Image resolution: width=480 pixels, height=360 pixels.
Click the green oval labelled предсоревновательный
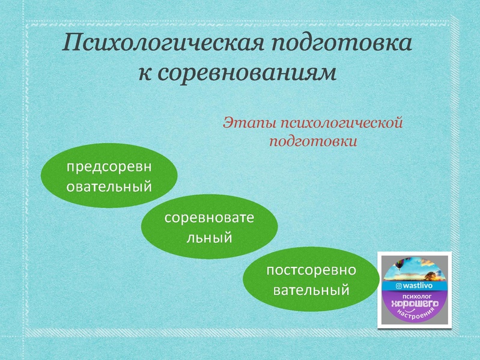coord(109,175)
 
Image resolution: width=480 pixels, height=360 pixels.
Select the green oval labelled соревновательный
coord(209,227)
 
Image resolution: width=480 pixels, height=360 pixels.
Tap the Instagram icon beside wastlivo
coord(398,286)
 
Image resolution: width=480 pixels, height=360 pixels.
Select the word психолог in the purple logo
coord(417,296)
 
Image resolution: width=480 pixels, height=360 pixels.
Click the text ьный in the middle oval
coord(209,237)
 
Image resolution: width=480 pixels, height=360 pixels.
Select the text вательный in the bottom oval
coord(311,290)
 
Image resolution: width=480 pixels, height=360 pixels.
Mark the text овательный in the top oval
coord(109,186)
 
